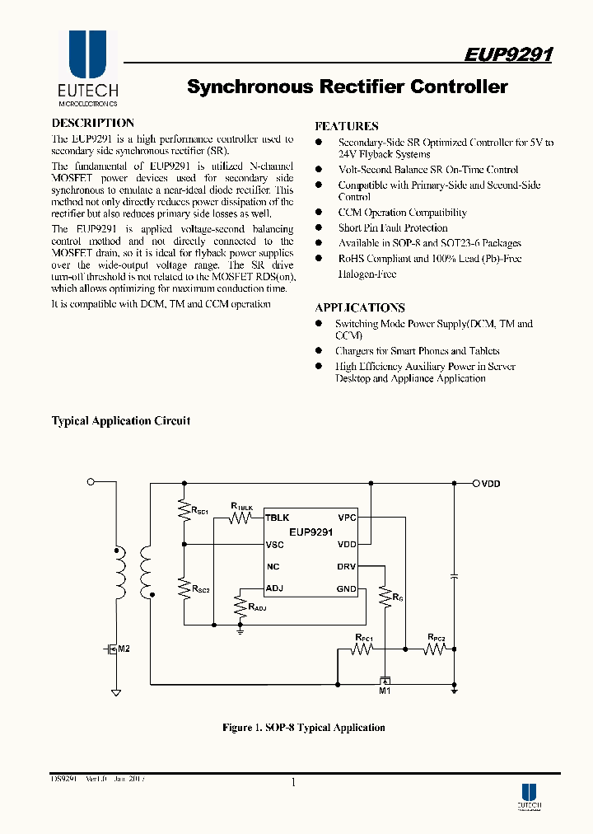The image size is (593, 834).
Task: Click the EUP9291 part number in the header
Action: pyautogui.click(x=508, y=55)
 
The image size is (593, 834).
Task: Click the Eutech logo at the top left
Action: pyautogui.click(x=87, y=70)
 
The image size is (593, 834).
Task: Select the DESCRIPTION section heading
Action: pyautogui.click(x=93, y=123)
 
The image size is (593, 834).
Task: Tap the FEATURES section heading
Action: pyautogui.click(x=347, y=126)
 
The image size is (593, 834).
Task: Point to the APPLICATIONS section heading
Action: pyautogui.click(x=360, y=307)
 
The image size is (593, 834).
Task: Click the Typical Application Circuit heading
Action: pyautogui.click(x=121, y=420)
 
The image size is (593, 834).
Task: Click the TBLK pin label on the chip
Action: pyautogui.click(x=278, y=518)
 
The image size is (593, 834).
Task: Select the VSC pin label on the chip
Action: pyautogui.click(x=275, y=544)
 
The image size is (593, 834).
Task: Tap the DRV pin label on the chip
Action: pyautogui.click(x=346, y=566)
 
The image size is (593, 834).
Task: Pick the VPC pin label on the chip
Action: pyautogui.click(x=347, y=518)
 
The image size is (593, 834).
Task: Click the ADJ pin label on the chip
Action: pyautogui.click(x=274, y=588)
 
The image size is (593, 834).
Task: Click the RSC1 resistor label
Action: pyautogui.click(x=199, y=511)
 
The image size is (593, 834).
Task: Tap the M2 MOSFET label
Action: pyautogui.click(x=124, y=649)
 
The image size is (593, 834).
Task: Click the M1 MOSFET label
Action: pyautogui.click(x=384, y=691)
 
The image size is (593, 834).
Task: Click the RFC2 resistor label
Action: pyautogui.click(x=436, y=638)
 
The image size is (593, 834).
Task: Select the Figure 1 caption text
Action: pyautogui.click(x=303, y=727)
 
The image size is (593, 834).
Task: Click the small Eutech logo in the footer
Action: pyautogui.click(x=529, y=794)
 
